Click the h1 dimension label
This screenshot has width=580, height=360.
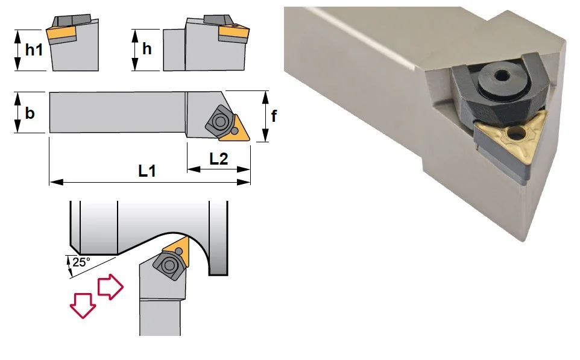34,50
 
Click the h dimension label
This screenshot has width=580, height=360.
147,48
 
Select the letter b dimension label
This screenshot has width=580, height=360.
30,113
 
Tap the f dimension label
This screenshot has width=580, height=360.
274,116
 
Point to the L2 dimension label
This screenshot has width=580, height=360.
219,159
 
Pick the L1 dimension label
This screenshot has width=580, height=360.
147,171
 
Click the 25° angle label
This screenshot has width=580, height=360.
81,262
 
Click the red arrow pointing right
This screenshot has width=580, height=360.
110,286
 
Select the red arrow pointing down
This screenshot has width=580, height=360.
83,305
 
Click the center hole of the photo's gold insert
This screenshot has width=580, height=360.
515,134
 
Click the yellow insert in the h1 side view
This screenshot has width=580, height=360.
61,34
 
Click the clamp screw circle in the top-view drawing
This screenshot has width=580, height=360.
220,121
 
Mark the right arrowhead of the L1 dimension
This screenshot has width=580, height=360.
244,182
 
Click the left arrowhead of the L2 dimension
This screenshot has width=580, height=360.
194,169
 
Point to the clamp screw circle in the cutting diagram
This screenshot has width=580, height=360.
169,265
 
